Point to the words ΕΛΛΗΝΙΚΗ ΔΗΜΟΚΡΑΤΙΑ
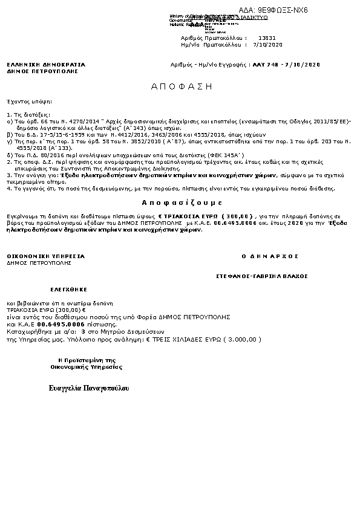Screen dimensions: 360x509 click(46, 64)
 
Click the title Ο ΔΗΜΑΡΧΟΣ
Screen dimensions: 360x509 click(270, 256)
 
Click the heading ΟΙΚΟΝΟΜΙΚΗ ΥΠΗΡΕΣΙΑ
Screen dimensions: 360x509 click(46, 256)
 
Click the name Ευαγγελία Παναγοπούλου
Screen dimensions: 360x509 click(89, 387)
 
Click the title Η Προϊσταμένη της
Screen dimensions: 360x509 click(82, 360)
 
